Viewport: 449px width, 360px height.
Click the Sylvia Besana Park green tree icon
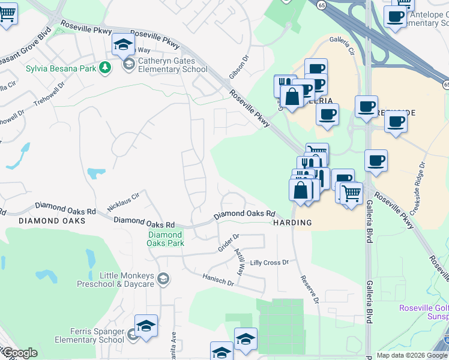point(106,67)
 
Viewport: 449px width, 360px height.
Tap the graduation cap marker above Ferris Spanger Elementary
point(146,326)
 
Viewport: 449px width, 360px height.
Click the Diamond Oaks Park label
point(166,239)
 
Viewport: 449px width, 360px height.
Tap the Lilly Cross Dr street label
point(270,263)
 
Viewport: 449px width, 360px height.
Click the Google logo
point(19,353)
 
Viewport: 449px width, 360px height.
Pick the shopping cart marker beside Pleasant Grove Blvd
point(7,14)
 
